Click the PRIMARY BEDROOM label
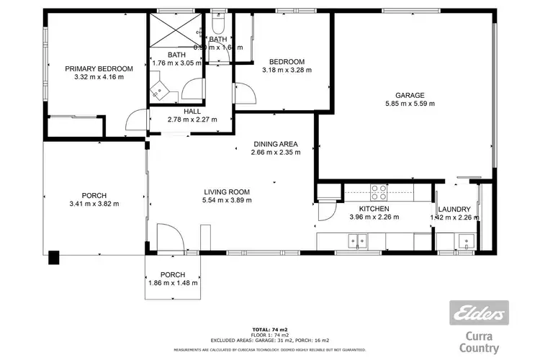[99, 68]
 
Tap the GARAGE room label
[409, 95]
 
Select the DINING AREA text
[274, 143]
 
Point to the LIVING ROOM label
[226, 192]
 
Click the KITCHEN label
[374, 208]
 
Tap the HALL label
[192, 112]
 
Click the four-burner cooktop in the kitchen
[379, 192]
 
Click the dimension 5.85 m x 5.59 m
[409, 104]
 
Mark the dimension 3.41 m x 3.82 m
[94, 204]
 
